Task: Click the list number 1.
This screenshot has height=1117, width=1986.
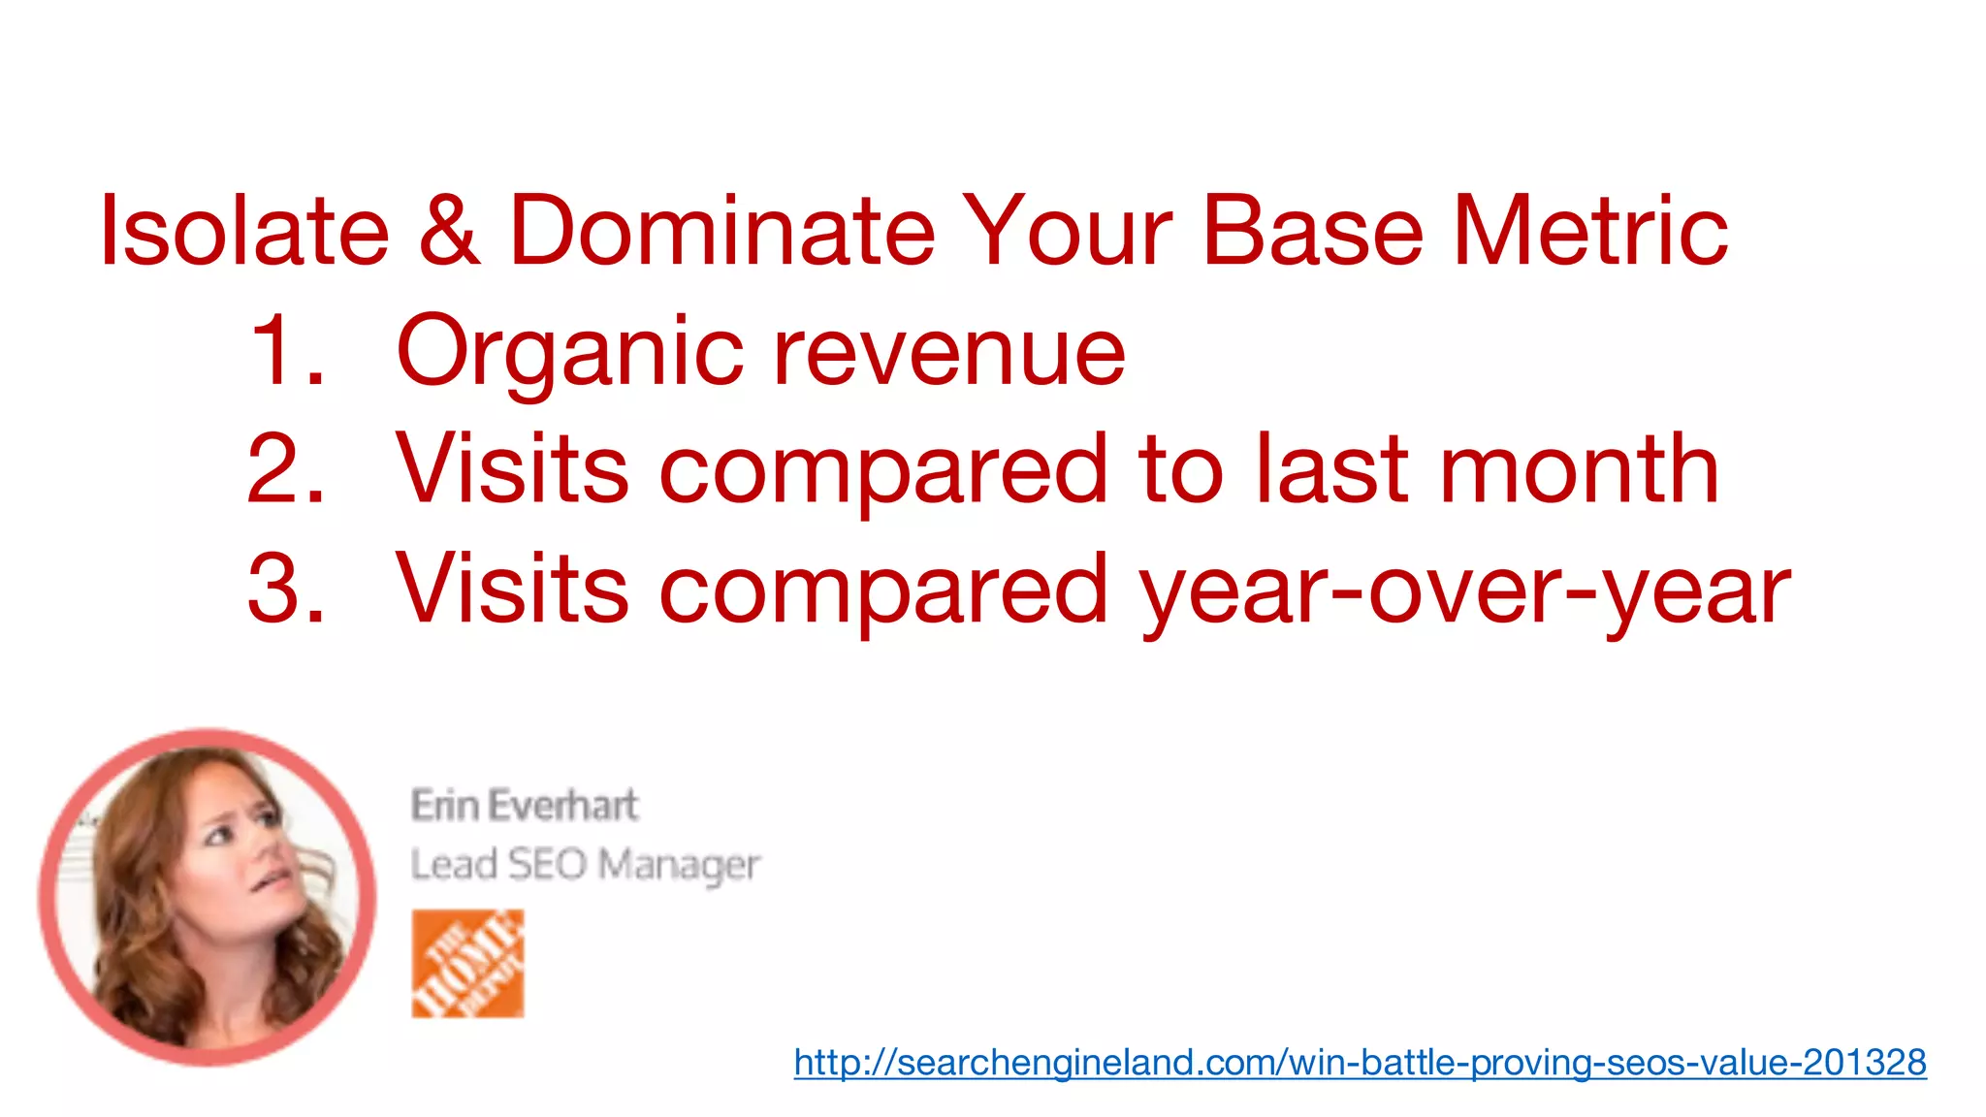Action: pos(283,351)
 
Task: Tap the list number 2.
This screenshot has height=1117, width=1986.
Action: pos(285,470)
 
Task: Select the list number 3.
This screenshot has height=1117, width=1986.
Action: pos(285,589)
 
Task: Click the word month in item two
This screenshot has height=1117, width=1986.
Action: pos(1580,470)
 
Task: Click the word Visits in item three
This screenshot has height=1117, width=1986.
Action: pos(512,589)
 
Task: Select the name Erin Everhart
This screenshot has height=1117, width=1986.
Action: pos(525,806)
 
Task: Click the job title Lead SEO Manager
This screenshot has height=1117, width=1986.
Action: pos(585,864)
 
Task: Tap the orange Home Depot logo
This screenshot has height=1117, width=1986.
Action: pos(467,963)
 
